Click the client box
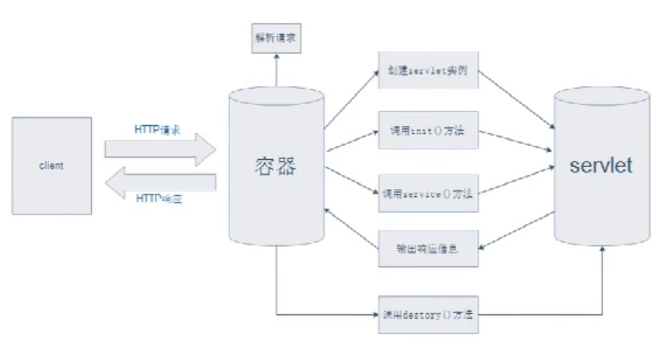point(51,165)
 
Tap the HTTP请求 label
point(157,128)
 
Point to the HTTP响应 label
point(159,198)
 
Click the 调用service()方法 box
point(429,194)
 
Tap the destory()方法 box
point(429,314)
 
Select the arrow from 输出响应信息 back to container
point(351,227)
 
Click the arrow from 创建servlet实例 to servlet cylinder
point(518,100)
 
